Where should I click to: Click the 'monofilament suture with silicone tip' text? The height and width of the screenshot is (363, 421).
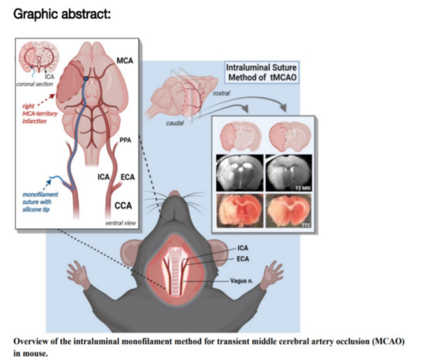[x=40, y=204]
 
